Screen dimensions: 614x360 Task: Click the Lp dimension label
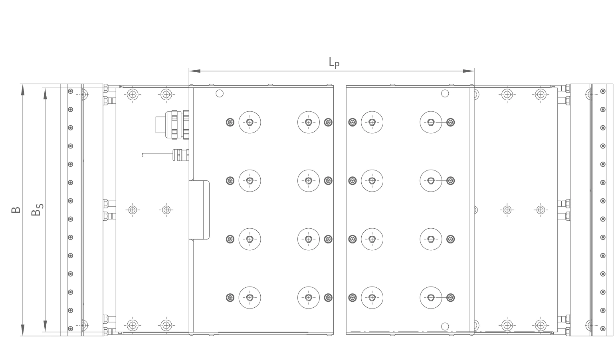point(334,63)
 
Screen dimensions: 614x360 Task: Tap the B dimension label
point(16,210)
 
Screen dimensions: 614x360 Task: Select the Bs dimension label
point(37,210)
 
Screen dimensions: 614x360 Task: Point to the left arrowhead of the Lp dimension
point(194,71)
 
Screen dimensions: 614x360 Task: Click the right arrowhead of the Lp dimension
point(468,71)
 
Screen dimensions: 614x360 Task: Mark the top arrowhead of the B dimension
point(23,90)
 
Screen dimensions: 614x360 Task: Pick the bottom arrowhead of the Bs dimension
point(45,326)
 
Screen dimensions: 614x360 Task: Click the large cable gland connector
point(172,125)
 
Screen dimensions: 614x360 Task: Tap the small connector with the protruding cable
point(166,155)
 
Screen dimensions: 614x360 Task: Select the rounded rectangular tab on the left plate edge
point(199,210)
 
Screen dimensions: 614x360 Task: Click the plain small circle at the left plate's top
point(220,93)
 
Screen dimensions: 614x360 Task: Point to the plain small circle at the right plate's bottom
point(445,326)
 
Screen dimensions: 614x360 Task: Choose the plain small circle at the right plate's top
point(445,93)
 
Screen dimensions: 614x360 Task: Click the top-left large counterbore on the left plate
point(250,122)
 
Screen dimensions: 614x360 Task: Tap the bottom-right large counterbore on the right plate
point(431,297)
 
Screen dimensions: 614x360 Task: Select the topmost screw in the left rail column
point(70,91)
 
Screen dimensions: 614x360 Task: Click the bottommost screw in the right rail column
point(603,328)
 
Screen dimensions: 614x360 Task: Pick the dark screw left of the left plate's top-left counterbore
point(230,122)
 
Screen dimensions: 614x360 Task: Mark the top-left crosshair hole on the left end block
point(133,95)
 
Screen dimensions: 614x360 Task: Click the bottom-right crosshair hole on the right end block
point(541,326)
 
